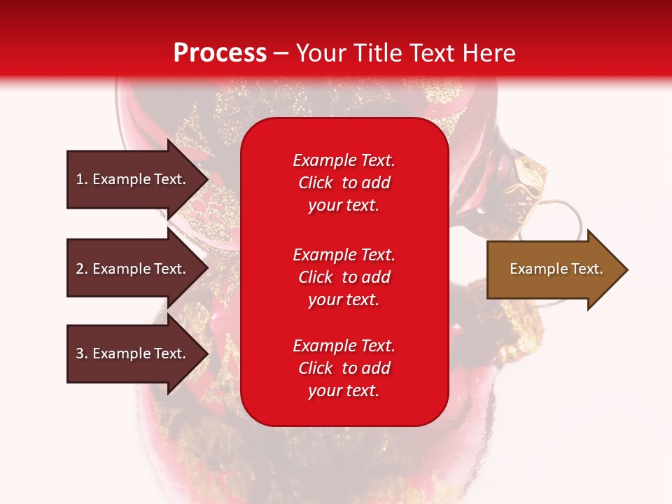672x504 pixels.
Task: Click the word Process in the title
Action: tap(220, 53)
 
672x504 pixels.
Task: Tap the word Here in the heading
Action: tap(485, 53)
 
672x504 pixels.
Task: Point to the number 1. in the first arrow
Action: tap(82, 179)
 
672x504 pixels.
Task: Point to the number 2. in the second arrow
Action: tap(82, 269)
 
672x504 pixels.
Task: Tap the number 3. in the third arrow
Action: tap(82, 353)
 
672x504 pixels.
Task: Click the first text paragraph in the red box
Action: tap(344, 183)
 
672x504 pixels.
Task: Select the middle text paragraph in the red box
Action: tap(344, 277)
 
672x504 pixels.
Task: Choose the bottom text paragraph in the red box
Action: tap(344, 368)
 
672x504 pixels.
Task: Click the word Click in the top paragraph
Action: tap(316, 183)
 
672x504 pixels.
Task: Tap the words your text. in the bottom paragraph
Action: tap(344, 391)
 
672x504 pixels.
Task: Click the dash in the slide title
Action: tap(281, 54)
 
